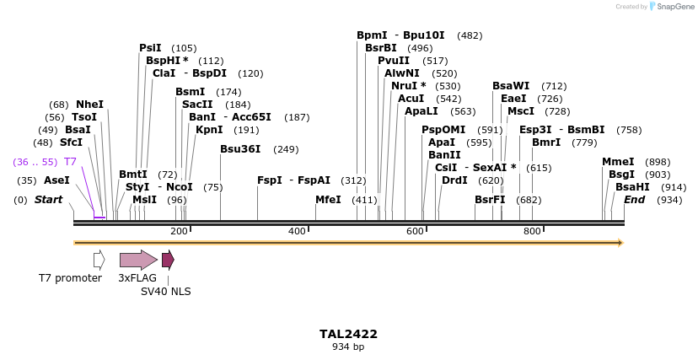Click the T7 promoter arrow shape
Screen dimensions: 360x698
click(99, 260)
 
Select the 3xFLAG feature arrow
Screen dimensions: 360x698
click(137, 260)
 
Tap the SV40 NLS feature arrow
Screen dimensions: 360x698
click(168, 260)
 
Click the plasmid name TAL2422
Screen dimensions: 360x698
click(348, 334)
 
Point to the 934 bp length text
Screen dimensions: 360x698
click(348, 347)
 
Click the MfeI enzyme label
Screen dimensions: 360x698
click(328, 200)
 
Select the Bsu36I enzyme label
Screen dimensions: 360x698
click(240, 149)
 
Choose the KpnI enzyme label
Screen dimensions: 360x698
click(209, 130)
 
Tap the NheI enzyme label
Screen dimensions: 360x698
click(90, 104)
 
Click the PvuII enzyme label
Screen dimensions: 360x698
click(394, 61)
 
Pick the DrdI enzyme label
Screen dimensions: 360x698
click(454, 180)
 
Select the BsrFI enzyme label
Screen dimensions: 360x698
click(490, 200)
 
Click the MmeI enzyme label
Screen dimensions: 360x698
click(618, 162)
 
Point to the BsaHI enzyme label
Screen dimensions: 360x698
click(632, 186)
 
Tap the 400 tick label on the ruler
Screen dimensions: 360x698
click(297, 231)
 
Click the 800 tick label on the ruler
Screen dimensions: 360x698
click(532, 231)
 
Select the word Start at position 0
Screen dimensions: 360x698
click(49, 200)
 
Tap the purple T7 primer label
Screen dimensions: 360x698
click(71, 161)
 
